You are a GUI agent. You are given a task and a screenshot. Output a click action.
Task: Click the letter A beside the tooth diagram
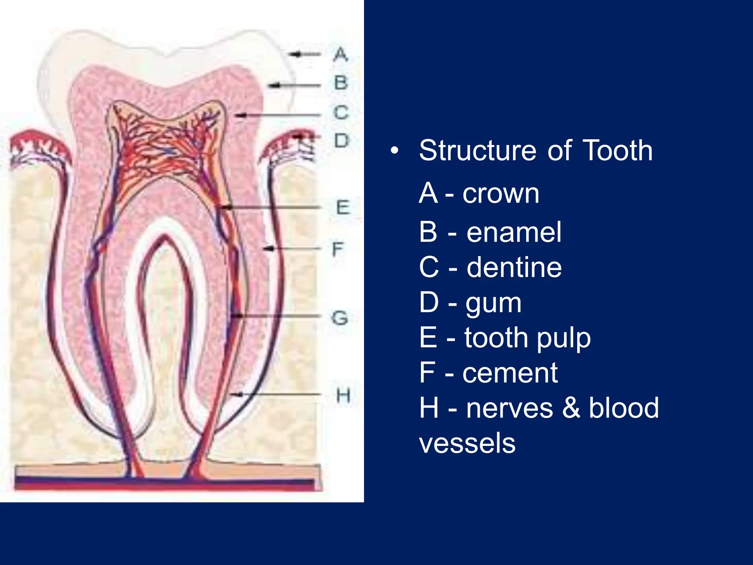click(x=340, y=54)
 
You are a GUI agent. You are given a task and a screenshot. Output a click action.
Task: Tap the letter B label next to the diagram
click(x=341, y=83)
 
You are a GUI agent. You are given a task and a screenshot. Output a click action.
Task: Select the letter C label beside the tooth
click(x=341, y=112)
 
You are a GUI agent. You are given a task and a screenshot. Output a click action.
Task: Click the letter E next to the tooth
click(x=343, y=207)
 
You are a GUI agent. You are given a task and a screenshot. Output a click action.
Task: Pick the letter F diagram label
click(x=338, y=249)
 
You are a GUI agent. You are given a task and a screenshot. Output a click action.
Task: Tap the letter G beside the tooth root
click(x=340, y=318)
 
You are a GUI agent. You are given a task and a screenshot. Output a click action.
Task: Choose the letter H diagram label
click(x=343, y=396)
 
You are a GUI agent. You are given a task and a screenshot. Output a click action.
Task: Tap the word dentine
click(x=514, y=267)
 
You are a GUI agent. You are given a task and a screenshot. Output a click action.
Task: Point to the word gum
click(x=493, y=304)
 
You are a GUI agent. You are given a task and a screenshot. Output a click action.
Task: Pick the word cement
click(x=510, y=373)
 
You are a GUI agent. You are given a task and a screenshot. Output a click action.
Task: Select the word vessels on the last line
click(x=467, y=443)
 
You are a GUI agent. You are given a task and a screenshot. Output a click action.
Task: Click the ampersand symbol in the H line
click(x=571, y=408)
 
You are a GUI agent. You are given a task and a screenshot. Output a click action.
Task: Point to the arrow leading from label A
click(x=305, y=54)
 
